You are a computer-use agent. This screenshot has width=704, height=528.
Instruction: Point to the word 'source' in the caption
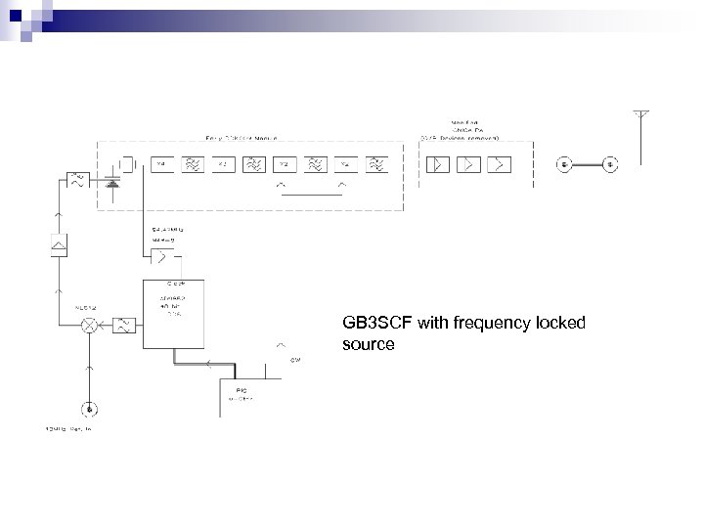pyautogui.click(x=369, y=344)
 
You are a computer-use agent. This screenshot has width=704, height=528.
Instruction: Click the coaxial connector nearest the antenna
pyautogui.click(x=609, y=163)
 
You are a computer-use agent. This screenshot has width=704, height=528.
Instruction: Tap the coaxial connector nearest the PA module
pyautogui.click(x=565, y=163)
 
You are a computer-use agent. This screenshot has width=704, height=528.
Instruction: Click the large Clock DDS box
pyautogui.click(x=174, y=313)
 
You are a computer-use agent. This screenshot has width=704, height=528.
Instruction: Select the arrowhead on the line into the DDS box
pyautogui.click(x=208, y=361)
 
